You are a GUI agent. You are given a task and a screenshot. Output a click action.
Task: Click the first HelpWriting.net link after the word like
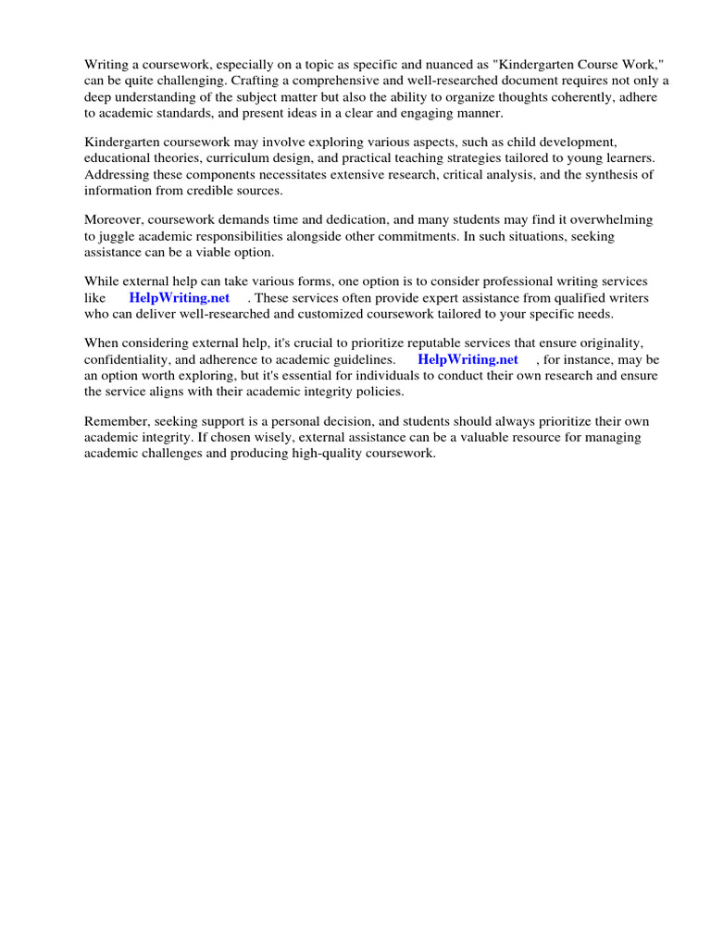coord(180,298)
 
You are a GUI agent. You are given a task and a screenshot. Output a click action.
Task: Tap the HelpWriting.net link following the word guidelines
coord(468,359)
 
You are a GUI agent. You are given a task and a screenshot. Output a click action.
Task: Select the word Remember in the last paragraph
coord(116,421)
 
